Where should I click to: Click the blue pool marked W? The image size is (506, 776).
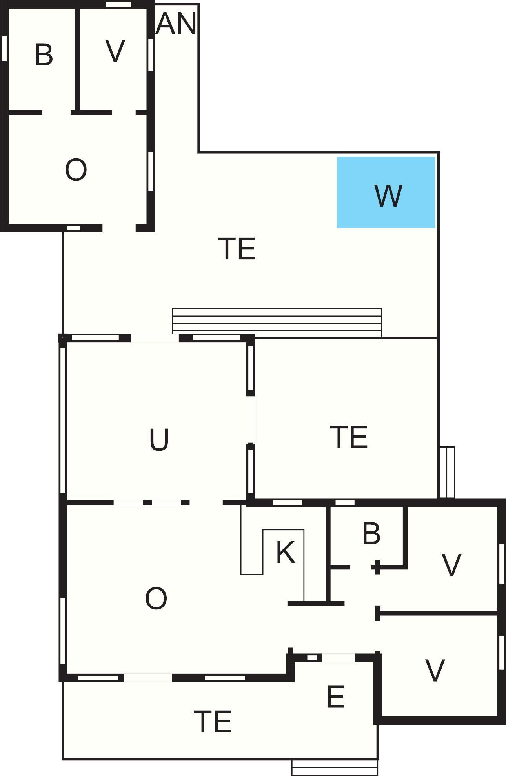tap(386, 192)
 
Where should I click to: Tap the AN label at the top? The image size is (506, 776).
tap(176, 24)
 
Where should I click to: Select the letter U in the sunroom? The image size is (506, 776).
tap(159, 439)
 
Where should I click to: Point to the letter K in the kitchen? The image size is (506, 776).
tap(285, 552)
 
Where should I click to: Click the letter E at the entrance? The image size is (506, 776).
tap(335, 697)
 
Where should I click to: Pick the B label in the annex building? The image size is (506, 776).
tap(44, 54)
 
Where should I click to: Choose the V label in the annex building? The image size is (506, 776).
tap(115, 51)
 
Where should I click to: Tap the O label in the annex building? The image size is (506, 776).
tap(76, 170)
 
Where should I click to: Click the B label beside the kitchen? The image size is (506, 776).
tap(371, 533)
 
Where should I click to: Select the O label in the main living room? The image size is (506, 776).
tap(156, 598)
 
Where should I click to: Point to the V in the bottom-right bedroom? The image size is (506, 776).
tap(435, 670)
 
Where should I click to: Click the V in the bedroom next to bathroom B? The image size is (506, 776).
tap(451, 565)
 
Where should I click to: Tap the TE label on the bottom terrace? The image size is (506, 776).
tap(213, 722)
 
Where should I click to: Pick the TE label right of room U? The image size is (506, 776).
tap(349, 437)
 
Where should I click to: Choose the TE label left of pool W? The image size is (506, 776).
tap(238, 248)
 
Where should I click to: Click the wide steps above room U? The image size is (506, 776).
tap(277, 323)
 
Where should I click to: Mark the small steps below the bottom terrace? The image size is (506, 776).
tap(335, 767)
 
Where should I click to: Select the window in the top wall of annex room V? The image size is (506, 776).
tap(118, 4)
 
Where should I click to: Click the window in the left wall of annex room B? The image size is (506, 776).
tap(4, 48)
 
